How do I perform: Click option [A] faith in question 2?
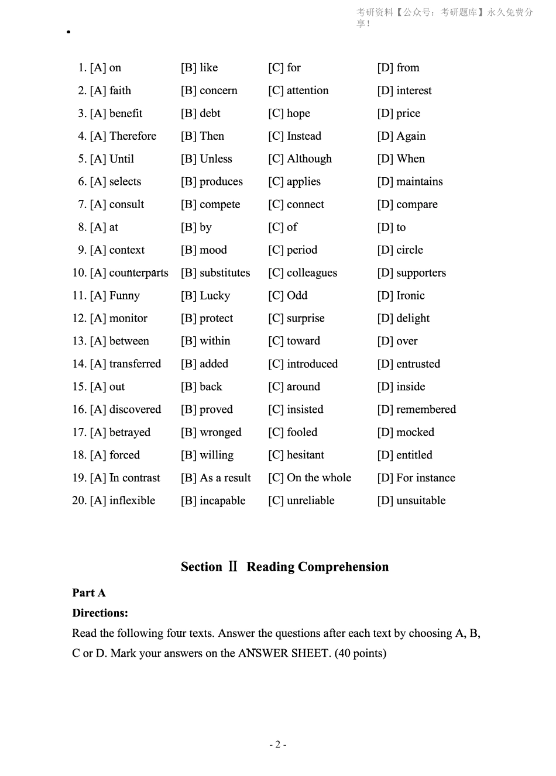pos(110,91)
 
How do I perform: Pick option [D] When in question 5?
pos(401,159)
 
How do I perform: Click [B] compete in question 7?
pos(210,205)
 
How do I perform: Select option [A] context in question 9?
pos(117,250)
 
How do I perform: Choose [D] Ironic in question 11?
pos(401,296)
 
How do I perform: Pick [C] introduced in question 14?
pos(303,364)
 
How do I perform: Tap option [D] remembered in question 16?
pos(416,409)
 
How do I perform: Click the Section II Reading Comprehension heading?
pos(284,567)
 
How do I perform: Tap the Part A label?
pos(89,593)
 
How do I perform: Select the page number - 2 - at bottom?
pos(277,744)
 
